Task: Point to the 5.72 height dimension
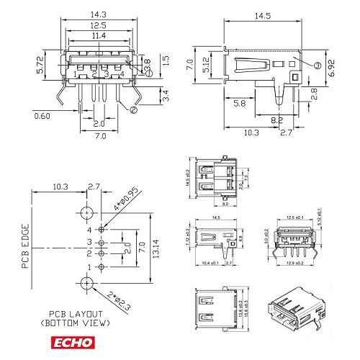click(x=42, y=68)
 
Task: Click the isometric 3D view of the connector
click(x=295, y=306)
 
